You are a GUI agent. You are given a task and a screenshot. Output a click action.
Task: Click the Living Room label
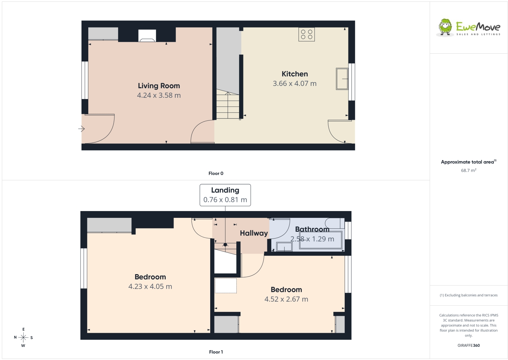159,86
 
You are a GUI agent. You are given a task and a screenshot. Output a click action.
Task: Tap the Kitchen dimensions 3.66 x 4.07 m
295,83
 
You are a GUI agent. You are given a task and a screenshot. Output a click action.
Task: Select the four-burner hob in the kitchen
307,34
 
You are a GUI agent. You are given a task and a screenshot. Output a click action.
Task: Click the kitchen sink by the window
342,79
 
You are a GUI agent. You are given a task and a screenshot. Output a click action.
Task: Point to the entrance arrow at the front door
81,129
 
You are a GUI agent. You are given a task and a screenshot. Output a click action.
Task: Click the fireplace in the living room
147,36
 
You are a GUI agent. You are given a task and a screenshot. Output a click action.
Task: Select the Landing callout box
225,195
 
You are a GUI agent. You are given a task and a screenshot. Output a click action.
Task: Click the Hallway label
254,233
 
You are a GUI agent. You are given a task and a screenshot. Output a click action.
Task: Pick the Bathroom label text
312,229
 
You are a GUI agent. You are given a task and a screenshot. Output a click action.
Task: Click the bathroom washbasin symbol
284,247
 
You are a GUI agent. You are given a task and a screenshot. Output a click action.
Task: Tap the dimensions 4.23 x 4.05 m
150,287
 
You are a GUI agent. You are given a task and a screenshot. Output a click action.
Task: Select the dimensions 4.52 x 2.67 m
286,299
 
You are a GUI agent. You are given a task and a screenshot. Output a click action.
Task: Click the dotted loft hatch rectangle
226,285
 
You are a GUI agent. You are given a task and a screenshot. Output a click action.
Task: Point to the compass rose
23,338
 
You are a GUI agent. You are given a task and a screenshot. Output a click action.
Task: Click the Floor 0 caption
216,173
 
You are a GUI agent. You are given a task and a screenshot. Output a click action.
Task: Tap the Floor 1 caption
216,352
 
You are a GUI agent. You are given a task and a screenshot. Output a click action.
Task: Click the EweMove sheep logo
445,27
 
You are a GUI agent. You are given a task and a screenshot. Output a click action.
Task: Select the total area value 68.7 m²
469,170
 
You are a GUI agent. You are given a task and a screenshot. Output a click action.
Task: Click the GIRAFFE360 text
469,345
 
